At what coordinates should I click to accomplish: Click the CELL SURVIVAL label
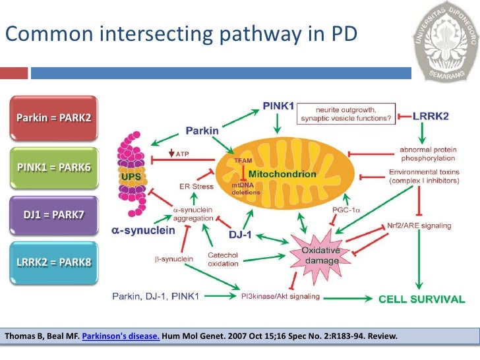tap(421, 299)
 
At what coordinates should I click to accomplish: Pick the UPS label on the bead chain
tap(131, 177)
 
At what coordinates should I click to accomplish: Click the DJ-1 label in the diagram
tap(241, 234)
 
